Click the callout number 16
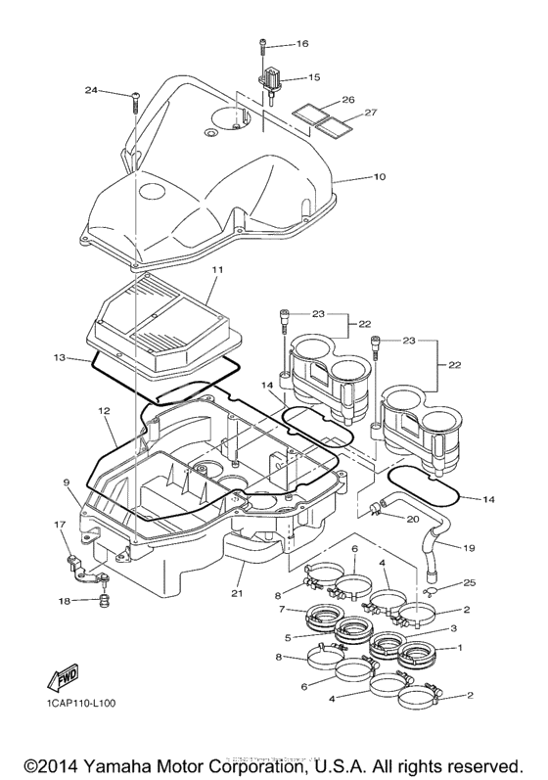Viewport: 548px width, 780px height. coord(301,44)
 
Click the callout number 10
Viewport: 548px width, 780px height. coord(352,177)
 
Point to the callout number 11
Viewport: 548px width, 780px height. coord(217,268)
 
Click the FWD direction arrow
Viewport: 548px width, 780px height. coord(61,679)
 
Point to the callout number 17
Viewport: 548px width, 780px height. coord(59,525)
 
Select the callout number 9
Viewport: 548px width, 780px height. coord(68,482)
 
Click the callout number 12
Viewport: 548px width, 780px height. coord(103,412)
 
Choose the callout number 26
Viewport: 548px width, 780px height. coord(346,99)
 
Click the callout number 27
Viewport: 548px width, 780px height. coord(371,113)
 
